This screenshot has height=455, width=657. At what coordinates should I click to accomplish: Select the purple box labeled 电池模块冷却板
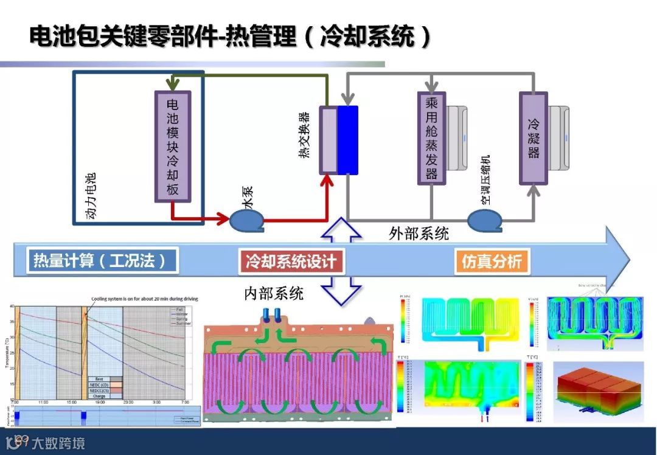click(x=173, y=146)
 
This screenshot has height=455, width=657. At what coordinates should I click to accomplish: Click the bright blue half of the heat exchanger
click(x=348, y=140)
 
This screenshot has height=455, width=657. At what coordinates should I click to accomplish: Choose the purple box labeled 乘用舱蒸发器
click(x=431, y=137)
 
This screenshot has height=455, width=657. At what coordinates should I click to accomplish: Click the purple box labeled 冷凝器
click(x=533, y=138)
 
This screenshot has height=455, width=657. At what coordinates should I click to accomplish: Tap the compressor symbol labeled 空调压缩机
click(x=485, y=220)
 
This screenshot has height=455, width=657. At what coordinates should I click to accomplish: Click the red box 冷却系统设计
click(x=291, y=262)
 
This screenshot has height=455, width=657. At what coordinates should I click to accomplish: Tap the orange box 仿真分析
click(x=491, y=262)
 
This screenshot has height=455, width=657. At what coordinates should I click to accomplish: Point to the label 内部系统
click(x=273, y=294)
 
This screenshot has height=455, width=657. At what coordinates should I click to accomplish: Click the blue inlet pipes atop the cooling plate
click(x=272, y=315)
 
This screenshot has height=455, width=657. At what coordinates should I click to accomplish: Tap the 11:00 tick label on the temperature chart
click(x=43, y=402)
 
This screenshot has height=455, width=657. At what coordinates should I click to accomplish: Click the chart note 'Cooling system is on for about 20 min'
click(x=144, y=299)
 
